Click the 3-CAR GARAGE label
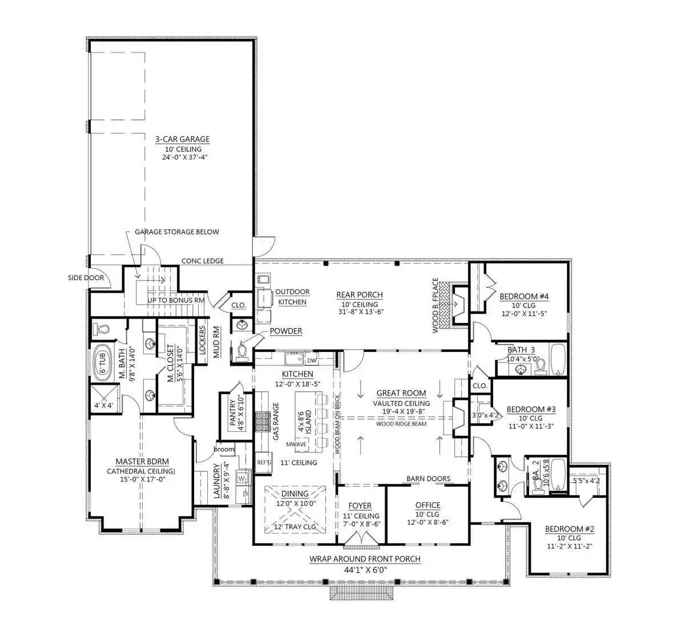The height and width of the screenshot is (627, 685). pos(182,139)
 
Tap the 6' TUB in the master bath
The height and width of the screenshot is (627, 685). pos(103,363)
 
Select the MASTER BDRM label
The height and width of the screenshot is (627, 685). pos(142,462)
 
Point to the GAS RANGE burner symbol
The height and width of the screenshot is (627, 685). pos(263,423)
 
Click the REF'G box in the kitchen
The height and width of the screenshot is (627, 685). pos(264,463)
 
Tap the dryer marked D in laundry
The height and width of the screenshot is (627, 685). pos(244,493)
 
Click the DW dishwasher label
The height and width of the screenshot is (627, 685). pos(312,361)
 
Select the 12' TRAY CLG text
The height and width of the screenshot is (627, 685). pos(295,527)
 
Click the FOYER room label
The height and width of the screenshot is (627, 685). pos(360,505)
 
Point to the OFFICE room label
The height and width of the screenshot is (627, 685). pos(428,505)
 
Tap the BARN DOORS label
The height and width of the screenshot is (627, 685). pos(428,479)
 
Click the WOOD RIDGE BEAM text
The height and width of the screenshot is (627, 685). pos(401,424)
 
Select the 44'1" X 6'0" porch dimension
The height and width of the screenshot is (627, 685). pos(365,569)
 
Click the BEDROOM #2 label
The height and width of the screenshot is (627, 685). pos(570,529)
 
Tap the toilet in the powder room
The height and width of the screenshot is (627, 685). pos(242,352)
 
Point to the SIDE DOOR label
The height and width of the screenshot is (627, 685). pos(86,278)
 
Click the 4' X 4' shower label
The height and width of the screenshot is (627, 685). pos(104,406)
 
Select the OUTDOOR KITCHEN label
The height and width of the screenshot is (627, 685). pos(292,297)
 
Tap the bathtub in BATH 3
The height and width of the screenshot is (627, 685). pos(558,359)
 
